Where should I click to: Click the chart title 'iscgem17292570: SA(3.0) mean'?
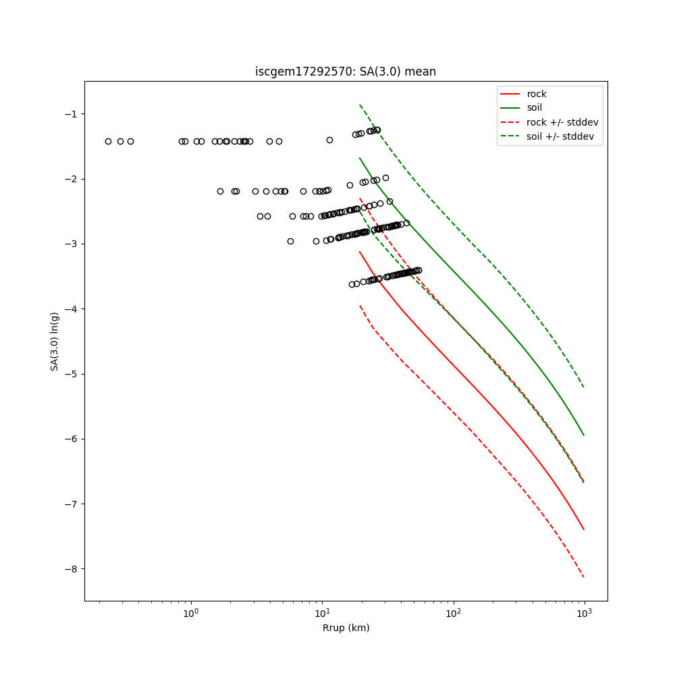coord(345,72)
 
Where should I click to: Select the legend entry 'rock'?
coord(537,94)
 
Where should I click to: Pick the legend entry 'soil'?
coord(534,108)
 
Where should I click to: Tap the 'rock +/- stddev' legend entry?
coord(562,122)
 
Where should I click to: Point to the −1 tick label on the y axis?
coord(70,113)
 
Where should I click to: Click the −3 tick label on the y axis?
coord(70,244)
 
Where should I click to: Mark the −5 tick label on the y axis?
coord(70,374)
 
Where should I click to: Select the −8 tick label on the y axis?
coord(70,569)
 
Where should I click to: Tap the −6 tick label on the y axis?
coord(70,439)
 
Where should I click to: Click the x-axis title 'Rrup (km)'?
coord(346,628)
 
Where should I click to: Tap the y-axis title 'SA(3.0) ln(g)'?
coord(55,341)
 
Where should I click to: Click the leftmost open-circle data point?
coord(108,141)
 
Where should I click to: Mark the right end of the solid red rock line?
coord(584,530)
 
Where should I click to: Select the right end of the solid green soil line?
coord(584,435)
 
